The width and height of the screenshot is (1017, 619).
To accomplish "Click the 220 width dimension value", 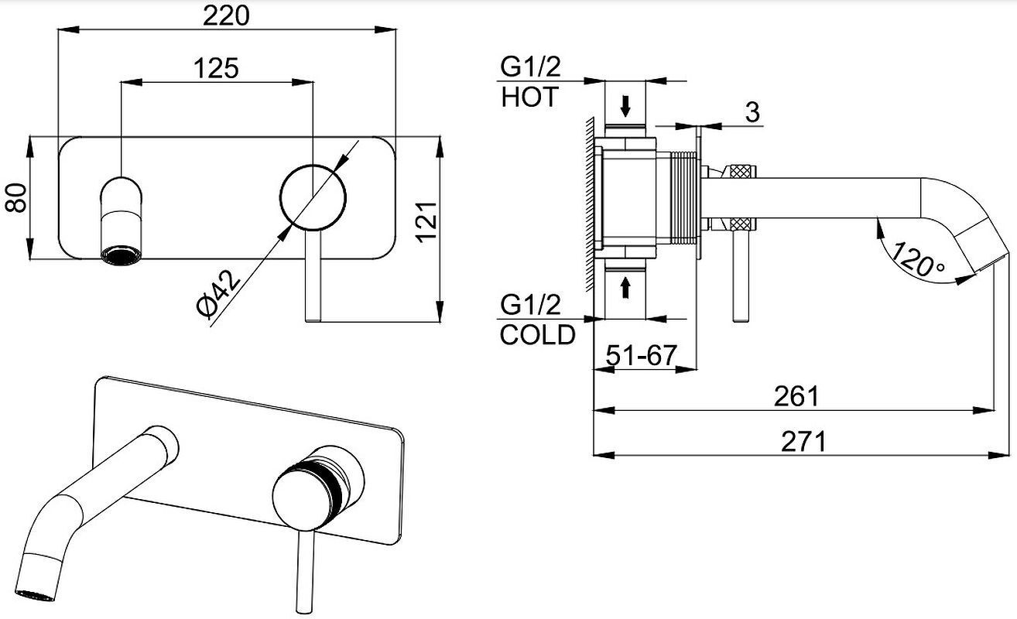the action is coord(226,16).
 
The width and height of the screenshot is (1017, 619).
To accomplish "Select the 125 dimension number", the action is coord(216,69).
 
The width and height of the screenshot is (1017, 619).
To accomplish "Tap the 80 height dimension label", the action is coord(16,198).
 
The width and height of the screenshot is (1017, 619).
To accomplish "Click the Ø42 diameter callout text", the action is coord(218,292).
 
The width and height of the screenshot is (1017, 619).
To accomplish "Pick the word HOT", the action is coord(529,97).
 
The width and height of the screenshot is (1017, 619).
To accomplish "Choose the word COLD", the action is coord(538,335).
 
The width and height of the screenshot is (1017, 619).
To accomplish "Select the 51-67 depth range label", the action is coord(642,355).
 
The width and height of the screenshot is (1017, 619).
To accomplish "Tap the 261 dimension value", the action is coord(796,396).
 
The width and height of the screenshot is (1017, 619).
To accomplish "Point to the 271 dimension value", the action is coord(803,442).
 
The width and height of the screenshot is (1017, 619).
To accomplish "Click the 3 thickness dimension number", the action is coord(752,111).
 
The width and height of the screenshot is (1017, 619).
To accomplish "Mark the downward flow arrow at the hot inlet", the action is coord(625,106).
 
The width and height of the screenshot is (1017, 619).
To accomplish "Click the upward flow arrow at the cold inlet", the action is coord(625,288).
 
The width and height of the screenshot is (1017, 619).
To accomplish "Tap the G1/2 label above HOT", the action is coord(530,67).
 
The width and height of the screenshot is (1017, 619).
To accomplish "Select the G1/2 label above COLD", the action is coord(530,305).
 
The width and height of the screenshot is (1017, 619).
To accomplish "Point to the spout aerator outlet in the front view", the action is coord(121,255).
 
